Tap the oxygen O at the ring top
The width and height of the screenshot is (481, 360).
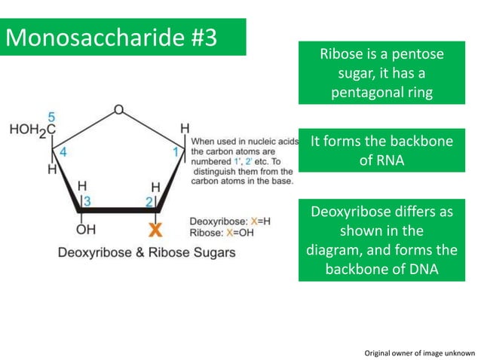pos(118,110)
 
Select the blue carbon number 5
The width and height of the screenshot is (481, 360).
pos(51,117)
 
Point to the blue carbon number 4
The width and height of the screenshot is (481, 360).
pos(63,152)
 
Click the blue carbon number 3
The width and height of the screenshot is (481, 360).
pos(87,200)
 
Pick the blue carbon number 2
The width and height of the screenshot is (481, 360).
pos(149,200)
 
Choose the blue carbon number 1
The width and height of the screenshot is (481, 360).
pos(176,151)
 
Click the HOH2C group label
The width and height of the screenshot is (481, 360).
pos(32,130)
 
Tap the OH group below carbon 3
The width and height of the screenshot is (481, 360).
pos(85,228)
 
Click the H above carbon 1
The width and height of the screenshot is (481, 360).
pos(184,130)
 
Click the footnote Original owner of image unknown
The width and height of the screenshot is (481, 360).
pos(419,352)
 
